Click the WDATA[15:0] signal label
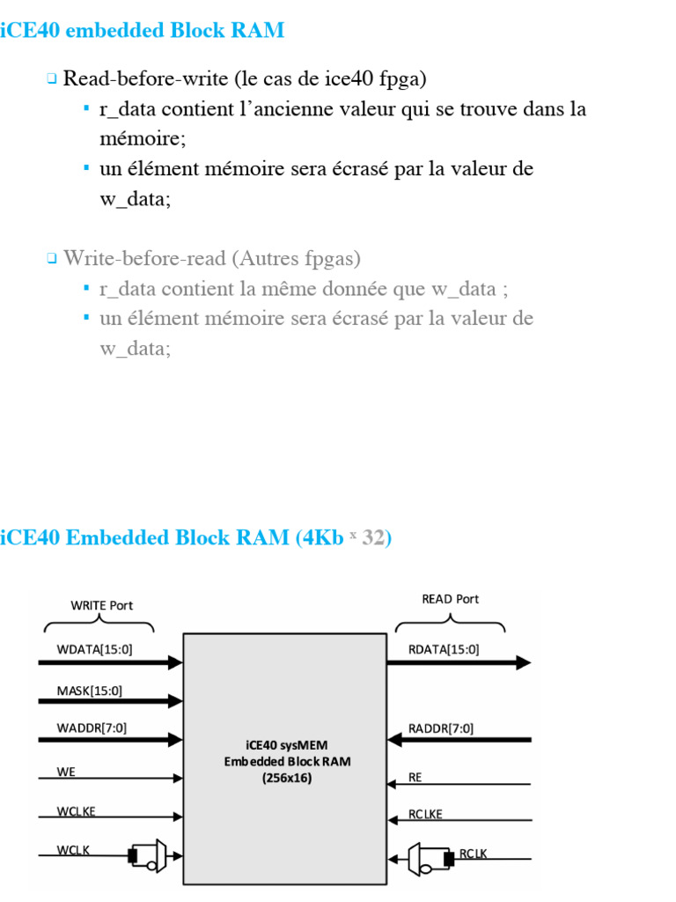(x=95, y=650)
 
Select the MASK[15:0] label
(x=90, y=691)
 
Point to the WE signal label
(x=66, y=772)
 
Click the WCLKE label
(x=76, y=812)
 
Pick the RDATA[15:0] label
(x=445, y=650)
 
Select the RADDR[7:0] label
(x=441, y=728)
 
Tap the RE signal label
(x=415, y=778)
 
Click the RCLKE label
(x=426, y=815)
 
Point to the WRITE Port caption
(x=101, y=605)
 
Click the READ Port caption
(x=451, y=599)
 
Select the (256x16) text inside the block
(x=286, y=778)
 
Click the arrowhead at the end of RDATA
(x=523, y=662)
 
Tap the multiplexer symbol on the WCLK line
(x=155, y=854)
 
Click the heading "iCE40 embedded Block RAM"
(x=143, y=31)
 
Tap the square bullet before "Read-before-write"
(x=52, y=79)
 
